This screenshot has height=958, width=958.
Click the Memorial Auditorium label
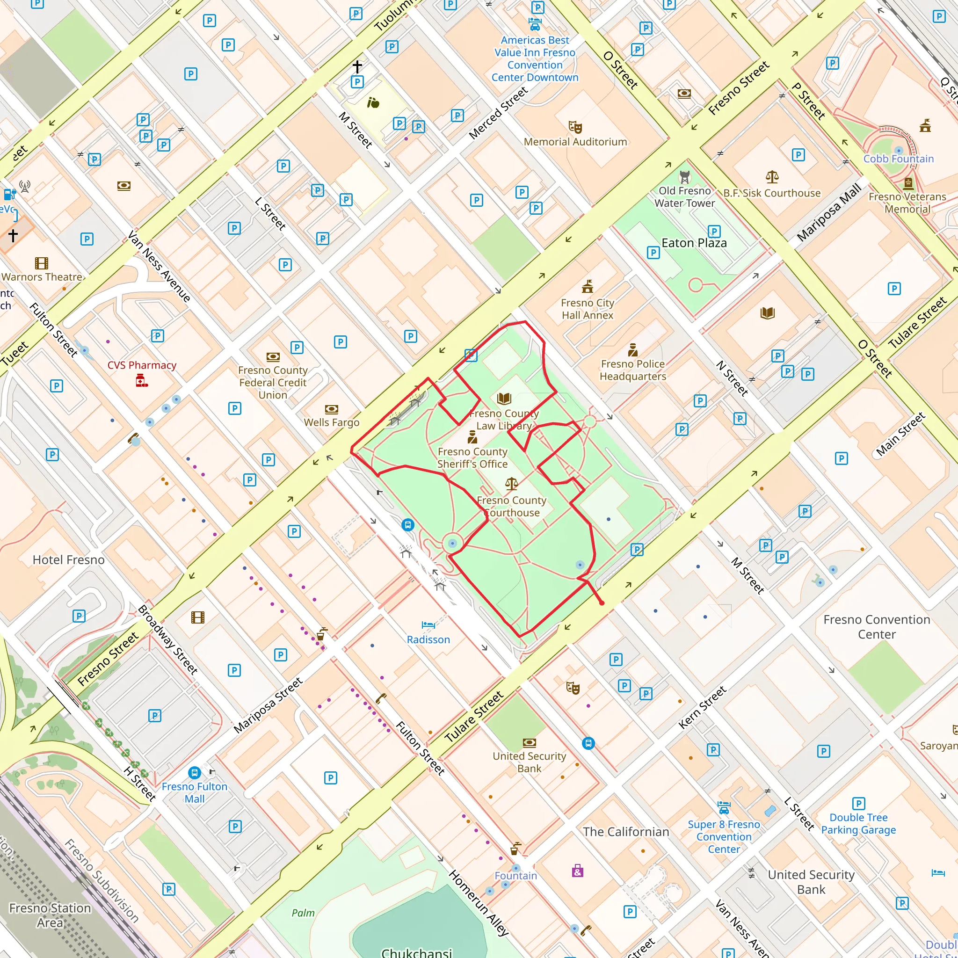575,142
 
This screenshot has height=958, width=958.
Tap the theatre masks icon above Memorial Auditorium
575,127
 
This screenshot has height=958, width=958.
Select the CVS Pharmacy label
142,365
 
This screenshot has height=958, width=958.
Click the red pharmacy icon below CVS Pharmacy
142,381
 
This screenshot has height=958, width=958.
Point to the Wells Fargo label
331,422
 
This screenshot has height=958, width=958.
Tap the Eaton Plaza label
694,243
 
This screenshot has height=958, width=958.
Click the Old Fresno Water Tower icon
685,177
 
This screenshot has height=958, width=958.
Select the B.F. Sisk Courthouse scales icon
772,177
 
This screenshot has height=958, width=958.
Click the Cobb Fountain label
899,159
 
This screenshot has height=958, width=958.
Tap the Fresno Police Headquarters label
633,370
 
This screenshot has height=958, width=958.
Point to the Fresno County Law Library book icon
504,399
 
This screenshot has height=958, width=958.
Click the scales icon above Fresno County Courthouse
511,484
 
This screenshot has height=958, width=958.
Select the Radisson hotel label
428,639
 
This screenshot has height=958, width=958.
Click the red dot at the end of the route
602,603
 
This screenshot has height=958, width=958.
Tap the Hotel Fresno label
68,560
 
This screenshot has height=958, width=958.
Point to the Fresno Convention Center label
877,627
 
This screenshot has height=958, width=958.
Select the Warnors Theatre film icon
42,263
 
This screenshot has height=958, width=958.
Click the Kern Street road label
702,708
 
